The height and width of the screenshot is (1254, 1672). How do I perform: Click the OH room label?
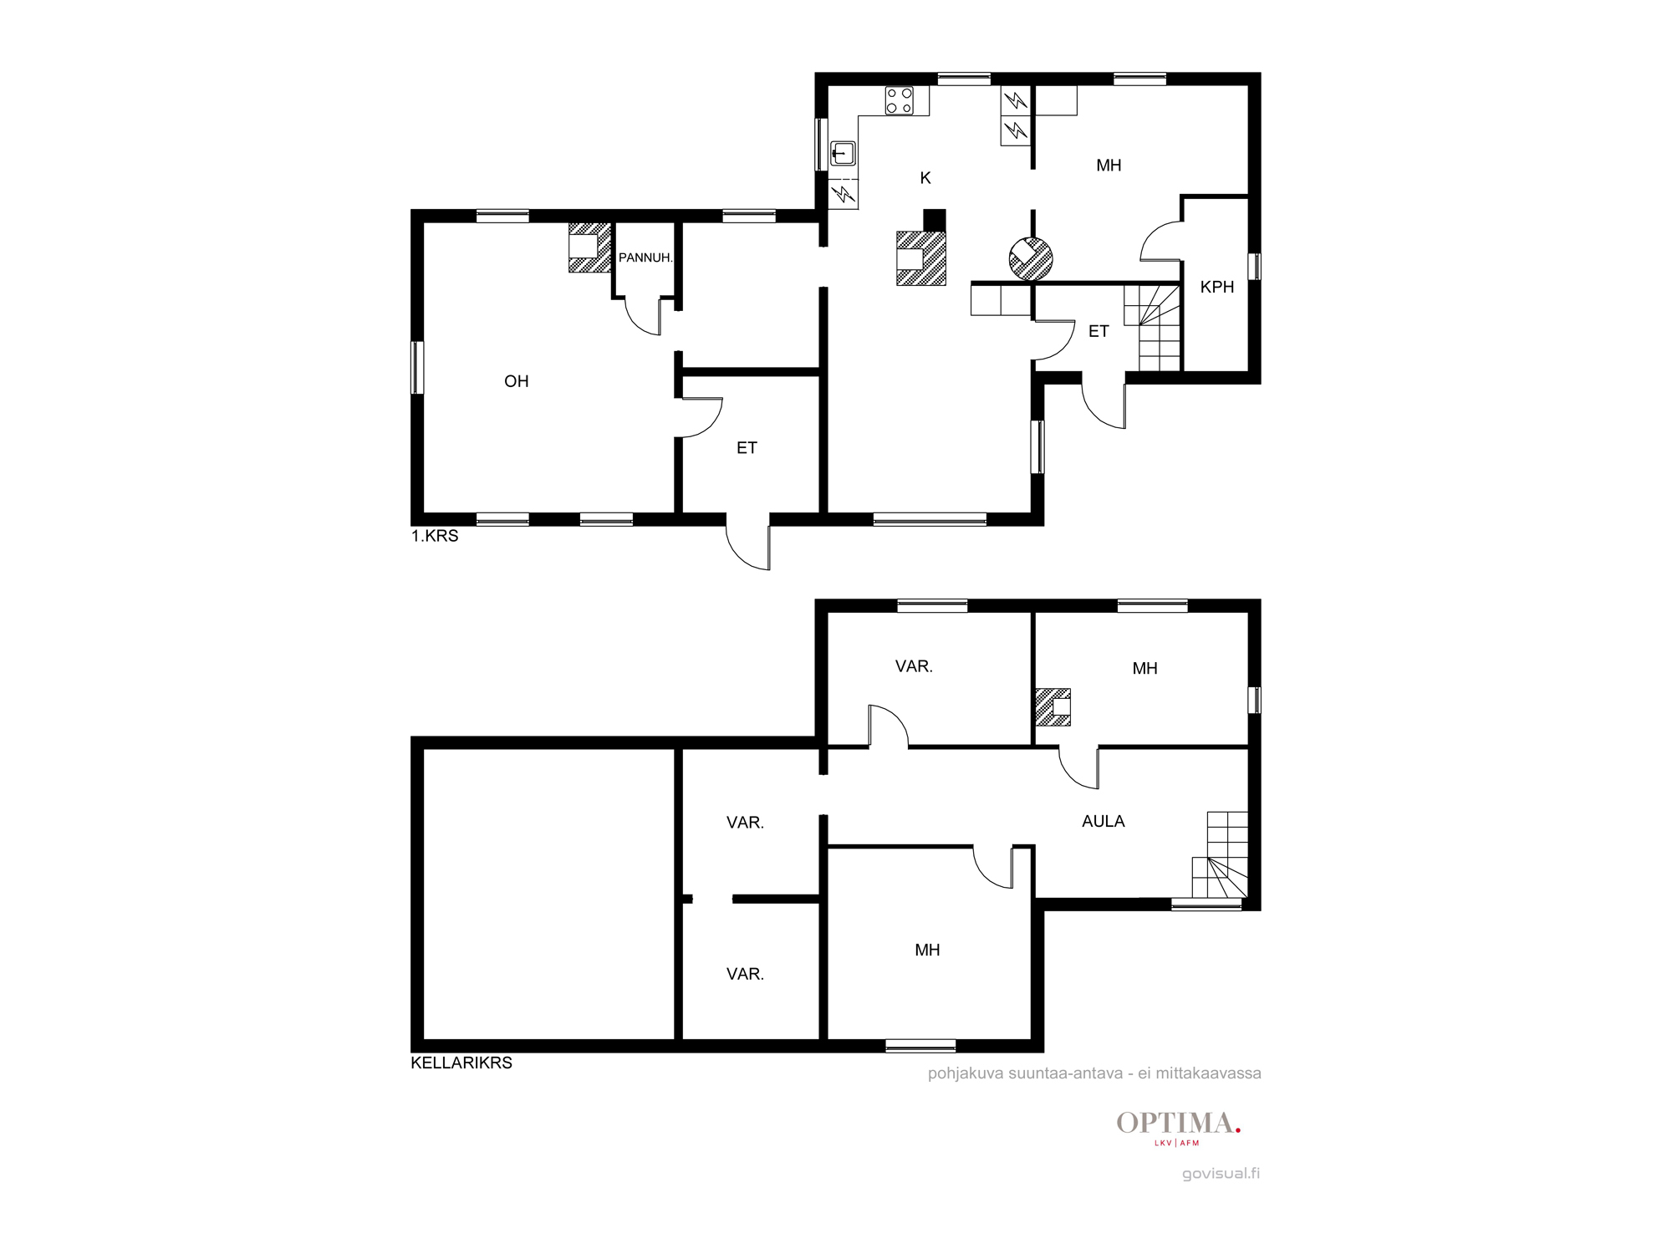click(517, 381)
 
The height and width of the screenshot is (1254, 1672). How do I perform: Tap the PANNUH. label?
click(645, 257)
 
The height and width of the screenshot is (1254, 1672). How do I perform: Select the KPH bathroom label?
click(1217, 287)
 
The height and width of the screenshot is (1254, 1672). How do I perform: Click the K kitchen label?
click(925, 177)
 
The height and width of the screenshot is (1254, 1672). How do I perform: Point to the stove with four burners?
click(900, 101)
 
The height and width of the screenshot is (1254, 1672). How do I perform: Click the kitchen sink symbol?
click(843, 154)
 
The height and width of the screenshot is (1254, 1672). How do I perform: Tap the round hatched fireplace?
click(1031, 258)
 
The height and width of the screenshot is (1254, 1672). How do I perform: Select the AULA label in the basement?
click(1104, 822)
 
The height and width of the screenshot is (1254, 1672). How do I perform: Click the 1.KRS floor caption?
click(435, 536)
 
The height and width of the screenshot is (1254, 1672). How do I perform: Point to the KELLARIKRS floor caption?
click(461, 1063)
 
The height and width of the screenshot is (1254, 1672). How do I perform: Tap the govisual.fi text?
click(1221, 1173)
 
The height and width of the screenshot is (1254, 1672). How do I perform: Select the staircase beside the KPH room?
click(1152, 327)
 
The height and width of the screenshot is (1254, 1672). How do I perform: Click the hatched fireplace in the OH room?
click(589, 247)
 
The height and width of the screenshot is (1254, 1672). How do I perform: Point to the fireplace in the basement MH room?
click(1053, 706)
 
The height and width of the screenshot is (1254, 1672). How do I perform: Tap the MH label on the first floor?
click(1109, 166)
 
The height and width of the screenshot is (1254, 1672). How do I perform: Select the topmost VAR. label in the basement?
click(914, 666)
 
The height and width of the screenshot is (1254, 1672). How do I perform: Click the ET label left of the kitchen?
click(747, 448)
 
